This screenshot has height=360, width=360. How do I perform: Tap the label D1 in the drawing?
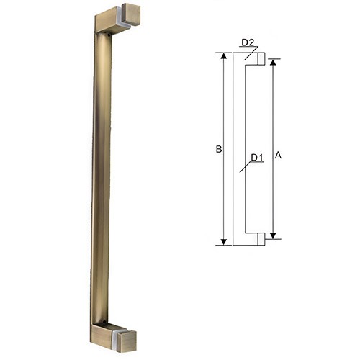click(x=257, y=157)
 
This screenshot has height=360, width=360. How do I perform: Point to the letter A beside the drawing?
click(x=279, y=154)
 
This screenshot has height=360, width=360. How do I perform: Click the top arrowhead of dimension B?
click(x=224, y=56)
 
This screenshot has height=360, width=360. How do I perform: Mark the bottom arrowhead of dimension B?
click(x=224, y=240)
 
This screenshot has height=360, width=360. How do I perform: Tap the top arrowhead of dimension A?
click(x=273, y=62)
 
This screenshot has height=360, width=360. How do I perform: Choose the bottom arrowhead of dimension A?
click(x=273, y=235)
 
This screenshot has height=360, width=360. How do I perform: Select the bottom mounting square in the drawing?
click(x=261, y=239)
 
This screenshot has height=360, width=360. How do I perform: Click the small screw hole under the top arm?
click(x=109, y=35)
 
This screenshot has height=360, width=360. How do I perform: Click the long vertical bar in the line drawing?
click(x=239, y=148)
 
